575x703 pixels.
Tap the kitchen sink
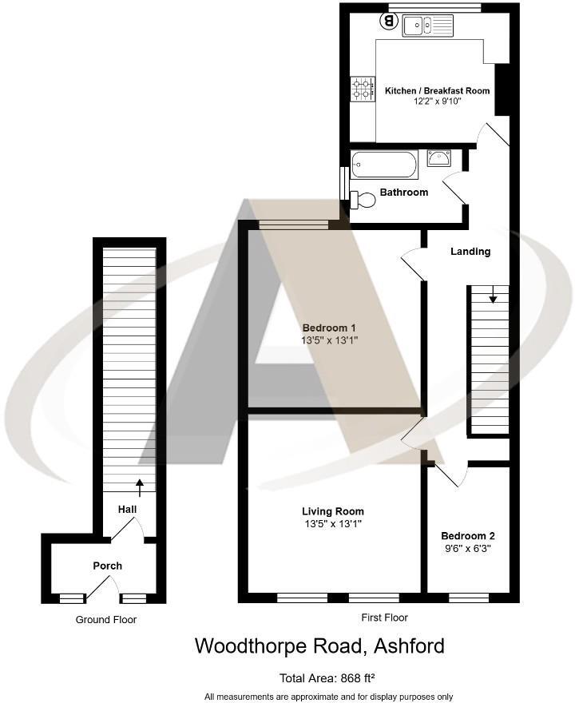(428, 26)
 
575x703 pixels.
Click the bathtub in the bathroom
(384, 165)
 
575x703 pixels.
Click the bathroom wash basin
(439, 158)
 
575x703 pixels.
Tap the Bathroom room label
(403, 193)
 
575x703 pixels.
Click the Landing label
(470, 252)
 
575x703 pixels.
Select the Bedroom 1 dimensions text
(329, 340)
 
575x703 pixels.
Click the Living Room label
(332, 511)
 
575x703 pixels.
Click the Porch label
(108, 566)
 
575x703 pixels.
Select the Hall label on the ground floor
(128, 509)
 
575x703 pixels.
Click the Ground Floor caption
(106, 620)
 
